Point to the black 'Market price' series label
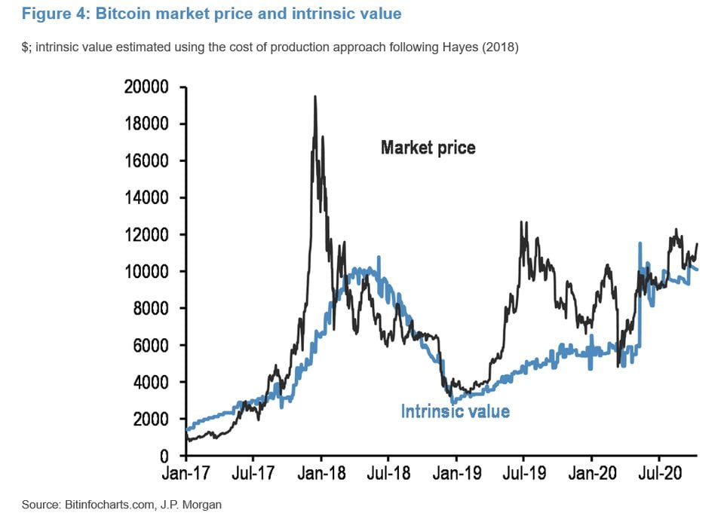(x=428, y=148)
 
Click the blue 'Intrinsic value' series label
(x=455, y=411)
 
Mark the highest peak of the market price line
(x=314, y=96)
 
